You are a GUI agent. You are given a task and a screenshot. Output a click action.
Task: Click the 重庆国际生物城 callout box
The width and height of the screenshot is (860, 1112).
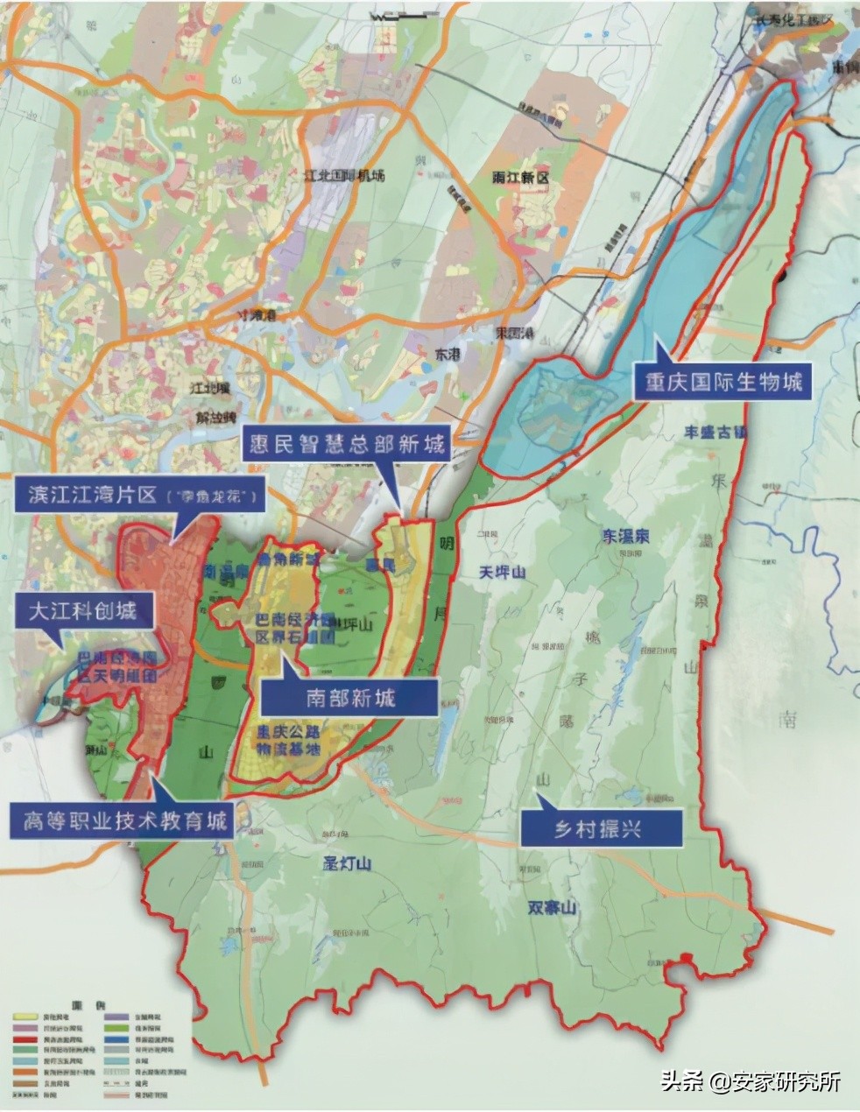click(723, 383)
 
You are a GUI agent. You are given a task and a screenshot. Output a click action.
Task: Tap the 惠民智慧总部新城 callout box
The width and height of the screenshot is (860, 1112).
click(345, 445)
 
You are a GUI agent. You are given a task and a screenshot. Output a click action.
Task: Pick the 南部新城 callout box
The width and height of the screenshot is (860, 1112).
click(350, 697)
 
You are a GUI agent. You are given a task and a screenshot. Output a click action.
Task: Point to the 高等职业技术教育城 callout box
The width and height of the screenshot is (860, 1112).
click(123, 821)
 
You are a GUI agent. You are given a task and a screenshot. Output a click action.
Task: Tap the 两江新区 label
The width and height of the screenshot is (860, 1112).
click(520, 179)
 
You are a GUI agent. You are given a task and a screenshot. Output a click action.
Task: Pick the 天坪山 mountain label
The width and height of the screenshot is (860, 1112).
click(503, 572)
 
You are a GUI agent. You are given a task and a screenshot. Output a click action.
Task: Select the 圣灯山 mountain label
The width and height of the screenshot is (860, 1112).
click(348, 864)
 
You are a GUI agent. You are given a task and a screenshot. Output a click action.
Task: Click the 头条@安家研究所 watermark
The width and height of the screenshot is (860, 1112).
click(751, 1081)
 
